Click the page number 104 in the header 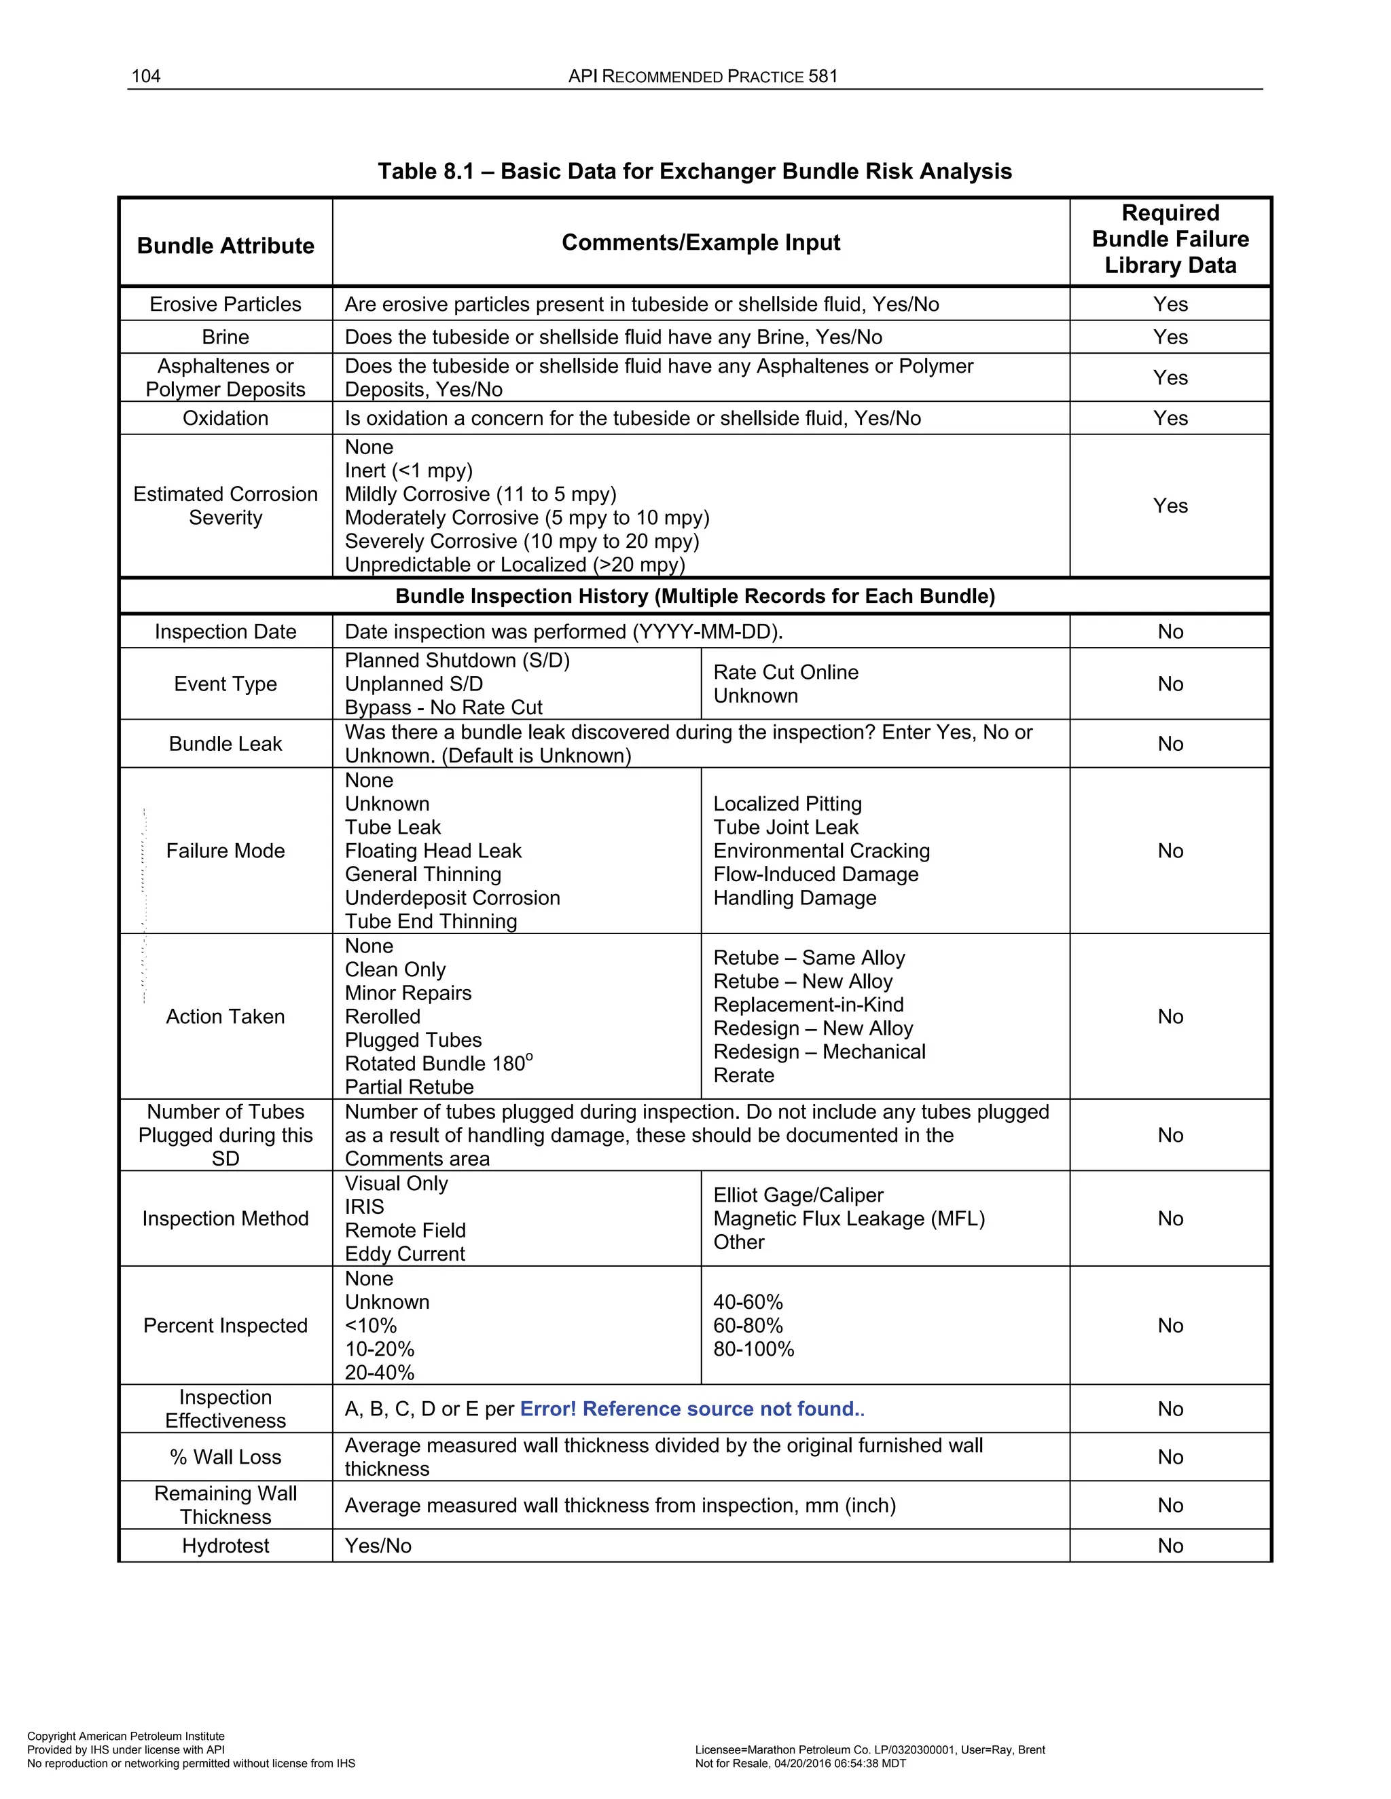tap(146, 77)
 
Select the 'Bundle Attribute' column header tap(225, 246)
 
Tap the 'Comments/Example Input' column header tap(700, 242)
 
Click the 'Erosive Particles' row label tap(225, 304)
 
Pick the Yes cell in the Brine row tap(1170, 337)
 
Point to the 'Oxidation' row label tap(225, 418)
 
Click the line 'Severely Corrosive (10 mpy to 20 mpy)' tap(522, 541)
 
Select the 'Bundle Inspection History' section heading tap(695, 596)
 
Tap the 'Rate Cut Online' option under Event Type tap(785, 672)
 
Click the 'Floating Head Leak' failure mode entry tap(433, 851)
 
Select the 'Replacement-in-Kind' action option tap(808, 1005)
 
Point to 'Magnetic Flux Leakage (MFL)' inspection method tap(849, 1219)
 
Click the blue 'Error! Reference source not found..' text tap(691, 1409)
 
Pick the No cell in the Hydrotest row tap(1170, 1545)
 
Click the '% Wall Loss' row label tap(225, 1457)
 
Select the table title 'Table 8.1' tap(694, 171)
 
